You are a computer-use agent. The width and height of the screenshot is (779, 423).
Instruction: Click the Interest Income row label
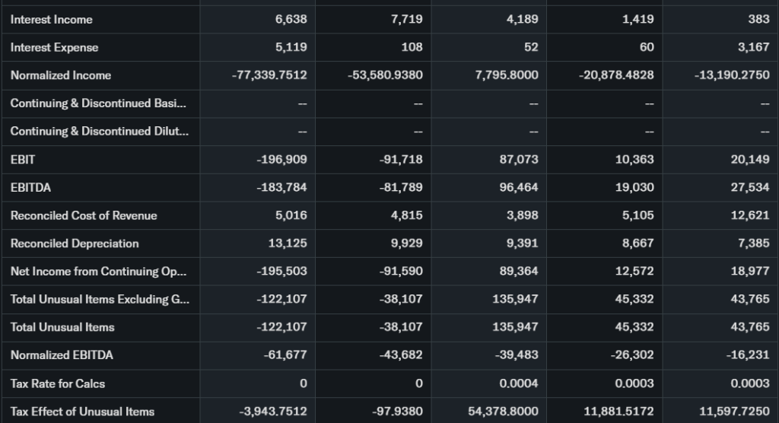pos(52,19)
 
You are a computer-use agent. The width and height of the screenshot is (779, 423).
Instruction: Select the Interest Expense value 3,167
pos(753,47)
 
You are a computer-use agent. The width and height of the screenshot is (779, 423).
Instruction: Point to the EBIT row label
pos(23,159)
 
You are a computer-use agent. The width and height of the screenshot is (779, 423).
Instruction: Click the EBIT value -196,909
pos(281,159)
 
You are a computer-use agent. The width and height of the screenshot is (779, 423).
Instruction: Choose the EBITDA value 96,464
pos(518,187)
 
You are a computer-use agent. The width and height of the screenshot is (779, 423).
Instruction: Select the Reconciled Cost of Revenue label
pos(84,215)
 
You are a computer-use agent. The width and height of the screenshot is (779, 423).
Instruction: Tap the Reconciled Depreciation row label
pos(75,243)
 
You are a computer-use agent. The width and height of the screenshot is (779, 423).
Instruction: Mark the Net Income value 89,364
pos(518,272)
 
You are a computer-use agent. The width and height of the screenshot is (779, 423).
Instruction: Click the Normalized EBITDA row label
pos(62,355)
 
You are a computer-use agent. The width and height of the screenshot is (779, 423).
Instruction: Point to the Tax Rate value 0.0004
pos(518,383)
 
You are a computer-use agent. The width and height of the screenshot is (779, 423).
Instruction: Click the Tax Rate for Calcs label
pos(58,383)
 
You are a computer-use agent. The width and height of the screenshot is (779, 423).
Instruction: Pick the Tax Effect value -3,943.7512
pos(273,412)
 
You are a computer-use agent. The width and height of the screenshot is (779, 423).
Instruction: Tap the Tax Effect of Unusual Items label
pos(82,412)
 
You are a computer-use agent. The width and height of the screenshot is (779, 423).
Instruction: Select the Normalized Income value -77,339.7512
pos(269,75)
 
